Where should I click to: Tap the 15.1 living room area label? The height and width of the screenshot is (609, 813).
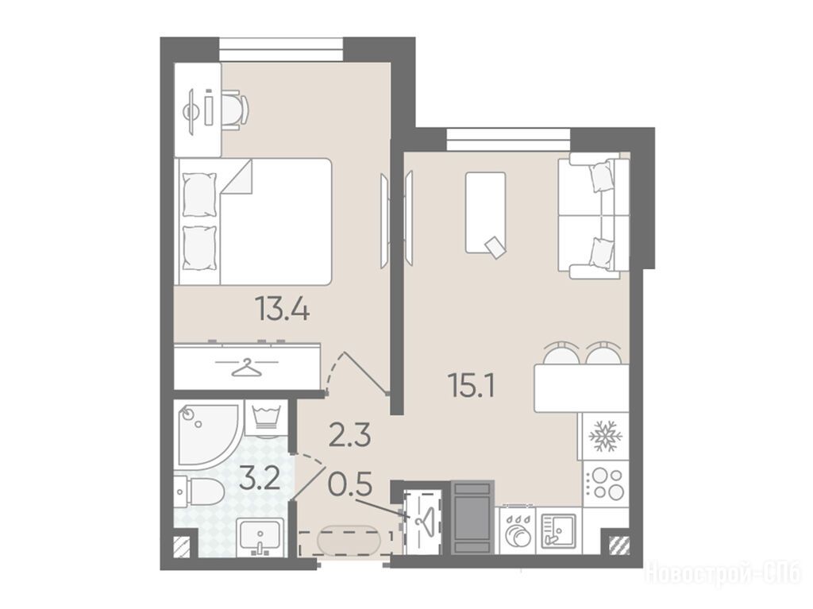(x=472, y=386)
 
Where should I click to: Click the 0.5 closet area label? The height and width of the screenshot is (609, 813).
(x=350, y=486)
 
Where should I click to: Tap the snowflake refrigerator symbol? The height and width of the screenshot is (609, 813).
(x=604, y=436)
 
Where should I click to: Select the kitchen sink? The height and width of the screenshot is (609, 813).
(x=559, y=530)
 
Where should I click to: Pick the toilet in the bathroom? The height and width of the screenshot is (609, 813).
(x=198, y=491)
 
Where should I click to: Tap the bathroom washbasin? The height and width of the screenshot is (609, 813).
(x=260, y=537)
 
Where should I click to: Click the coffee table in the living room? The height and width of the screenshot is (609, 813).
(x=485, y=214)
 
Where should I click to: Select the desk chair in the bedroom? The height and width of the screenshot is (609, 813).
(x=235, y=110)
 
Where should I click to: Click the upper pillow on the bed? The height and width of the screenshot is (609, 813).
(x=199, y=195)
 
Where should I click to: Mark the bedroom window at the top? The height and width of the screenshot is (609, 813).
(x=281, y=48)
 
